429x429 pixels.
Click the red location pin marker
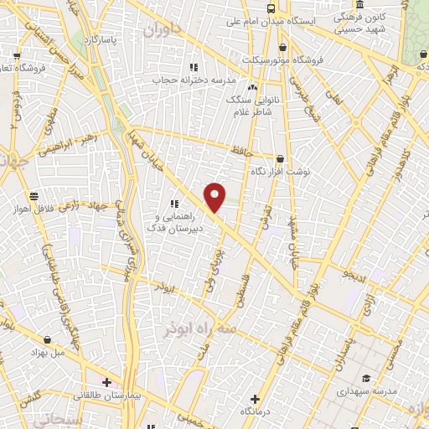tap(215, 198)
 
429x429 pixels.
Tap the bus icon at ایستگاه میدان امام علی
tap(270, 8)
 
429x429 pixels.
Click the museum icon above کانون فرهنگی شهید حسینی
tap(359, 4)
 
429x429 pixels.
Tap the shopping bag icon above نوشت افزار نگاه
tap(280, 158)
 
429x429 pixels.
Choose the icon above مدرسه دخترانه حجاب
tap(193, 67)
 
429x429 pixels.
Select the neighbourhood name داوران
tap(162, 32)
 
